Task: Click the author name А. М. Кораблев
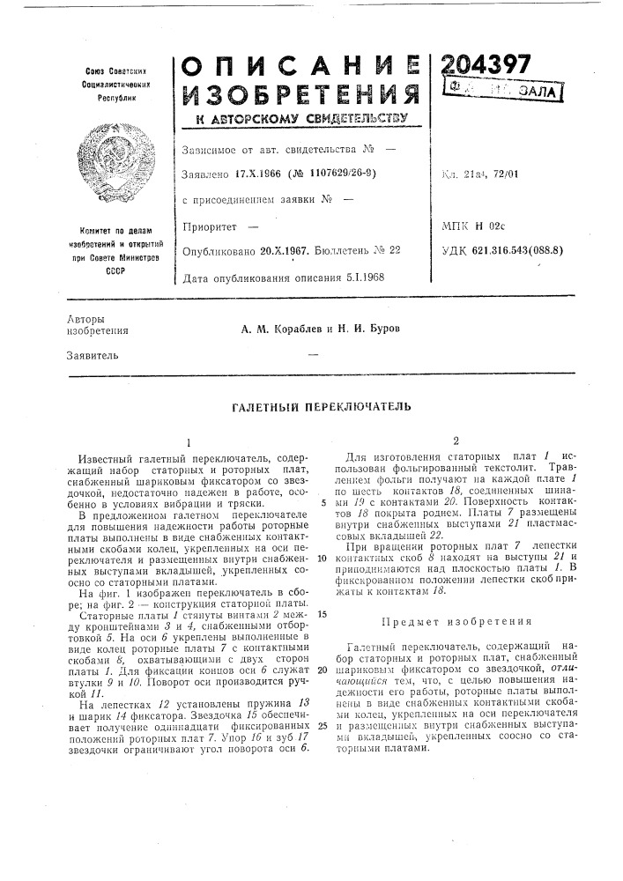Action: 280,328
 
